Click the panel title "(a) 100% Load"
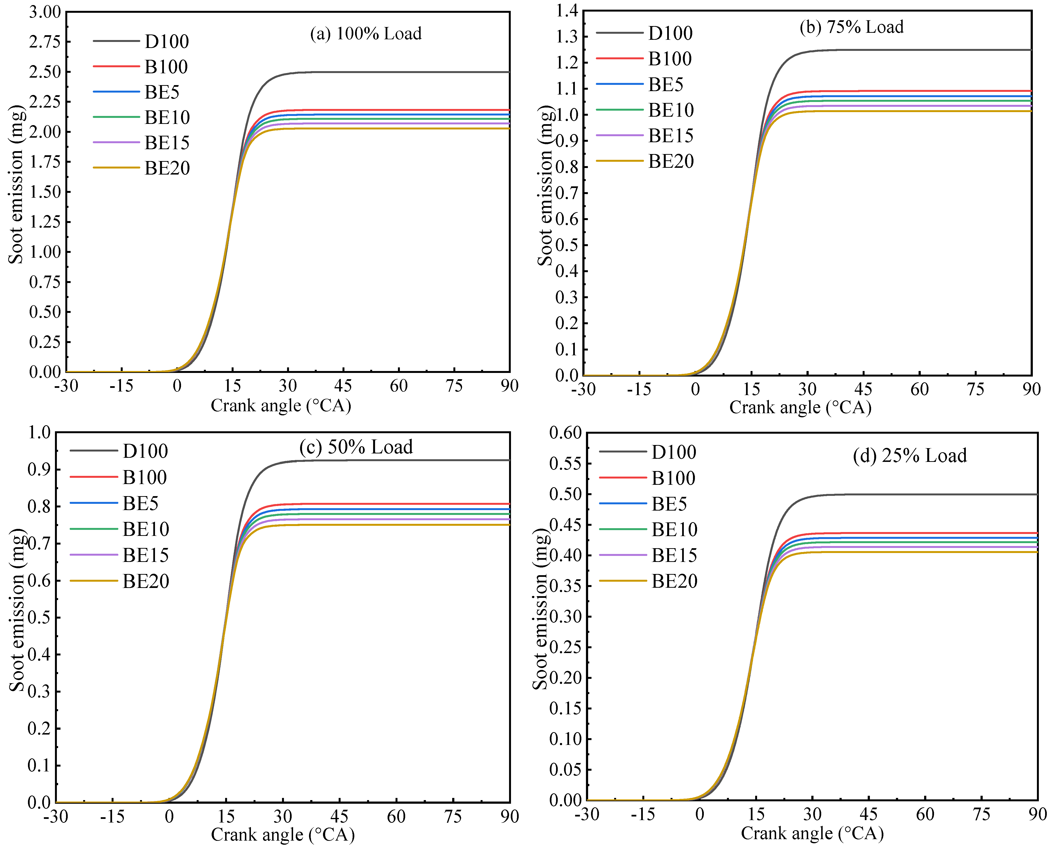pyautogui.click(x=366, y=34)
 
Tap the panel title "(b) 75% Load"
pyautogui.click(x=851, y=27)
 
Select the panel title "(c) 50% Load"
pyautogui.click(x=356, y=447)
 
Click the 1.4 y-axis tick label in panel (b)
pyautogui.click(x=566, y=11)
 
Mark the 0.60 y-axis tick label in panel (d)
pyautogui.click(x=565, y=433)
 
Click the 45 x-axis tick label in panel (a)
pyautogui.click(x=343, y=386)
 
